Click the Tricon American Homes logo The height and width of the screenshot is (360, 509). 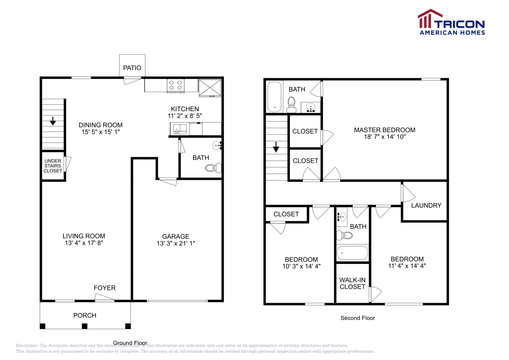coord(451,23)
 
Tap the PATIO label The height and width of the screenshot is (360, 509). coord(132,68)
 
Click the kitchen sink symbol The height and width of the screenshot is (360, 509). coord(180,129)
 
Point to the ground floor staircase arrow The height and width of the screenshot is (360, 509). coord(53,121)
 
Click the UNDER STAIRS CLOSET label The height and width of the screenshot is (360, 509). coord(53,166)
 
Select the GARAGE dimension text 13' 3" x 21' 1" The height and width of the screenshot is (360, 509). coord(176,243)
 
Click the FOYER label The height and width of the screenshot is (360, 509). coord(105,288)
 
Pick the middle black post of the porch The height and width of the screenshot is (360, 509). coord(85,326)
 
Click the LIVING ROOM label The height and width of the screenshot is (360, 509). coord(84,236)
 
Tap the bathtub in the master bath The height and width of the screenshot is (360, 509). coord(274,96)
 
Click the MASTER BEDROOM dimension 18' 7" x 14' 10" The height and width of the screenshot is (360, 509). coord(385,137)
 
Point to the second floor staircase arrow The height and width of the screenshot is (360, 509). coord(276,147)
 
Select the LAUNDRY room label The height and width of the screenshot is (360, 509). coord(426,205)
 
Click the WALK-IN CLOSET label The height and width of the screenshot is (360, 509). coord(352,283)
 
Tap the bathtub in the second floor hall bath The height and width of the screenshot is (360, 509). coord(352,253)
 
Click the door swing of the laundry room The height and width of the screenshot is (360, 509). coord(408,193)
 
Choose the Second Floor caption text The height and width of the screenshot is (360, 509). coord(358,318)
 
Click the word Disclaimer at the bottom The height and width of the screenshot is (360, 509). coord(27,345)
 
